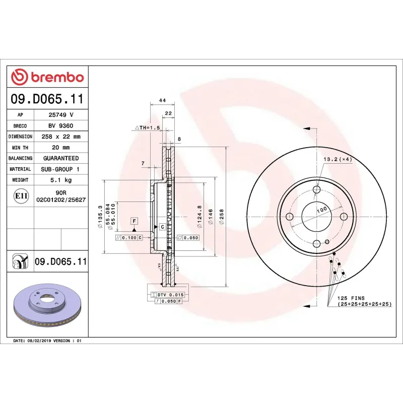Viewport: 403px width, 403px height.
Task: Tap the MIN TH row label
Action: pyautogui.click(x=20, y=148)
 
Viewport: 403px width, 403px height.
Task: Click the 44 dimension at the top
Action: pyautogui.click(x=162, y=101)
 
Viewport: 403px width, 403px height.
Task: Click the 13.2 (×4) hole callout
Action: pyautogui.click(x=337, y=159)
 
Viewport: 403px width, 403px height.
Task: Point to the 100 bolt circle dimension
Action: pyautogui.click(x=321, y=209)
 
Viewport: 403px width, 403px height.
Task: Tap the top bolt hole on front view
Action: pyautogui.click(x=317, y=190)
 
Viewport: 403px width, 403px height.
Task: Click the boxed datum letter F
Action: pyautogui.click(x=134, y=221)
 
